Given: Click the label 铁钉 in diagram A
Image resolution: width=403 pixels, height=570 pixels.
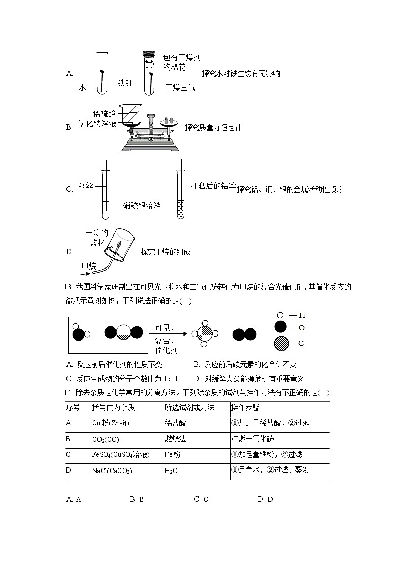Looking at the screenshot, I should pyautogui.click(x=125, y=83).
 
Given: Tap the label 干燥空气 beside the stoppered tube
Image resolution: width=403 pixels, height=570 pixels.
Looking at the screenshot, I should pyautogui.click(x=180, y=88).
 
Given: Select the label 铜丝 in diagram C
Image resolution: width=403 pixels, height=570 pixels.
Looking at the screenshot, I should pyautogui.click(x=86, y=186).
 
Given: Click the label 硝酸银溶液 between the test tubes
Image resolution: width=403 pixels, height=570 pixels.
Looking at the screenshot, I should pyautogui.click(x=142, y=206).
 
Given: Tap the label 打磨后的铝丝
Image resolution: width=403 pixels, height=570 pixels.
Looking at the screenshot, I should pyautogui.click(x=213, y=186).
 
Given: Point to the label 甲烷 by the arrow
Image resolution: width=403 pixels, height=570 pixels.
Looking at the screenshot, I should pyautogui.click(x=89, y=266).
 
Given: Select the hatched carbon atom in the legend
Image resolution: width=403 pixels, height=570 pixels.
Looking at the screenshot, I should pyautogui.click(x=281, y=344).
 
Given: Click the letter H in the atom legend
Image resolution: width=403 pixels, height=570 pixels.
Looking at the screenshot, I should pyautogui.click(x=302, y=315).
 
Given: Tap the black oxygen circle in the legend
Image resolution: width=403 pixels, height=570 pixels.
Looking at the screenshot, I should pyautogui.click(x=280, y=328).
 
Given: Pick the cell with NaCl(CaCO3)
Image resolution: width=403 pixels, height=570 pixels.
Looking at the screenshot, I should pyautogui.click(x=112, y=471).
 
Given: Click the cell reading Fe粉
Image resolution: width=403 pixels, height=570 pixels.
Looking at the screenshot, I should pyautogui.click(x=173, y=455).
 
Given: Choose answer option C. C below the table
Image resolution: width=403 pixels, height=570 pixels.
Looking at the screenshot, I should pyautogui.click(x=201, y=499).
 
